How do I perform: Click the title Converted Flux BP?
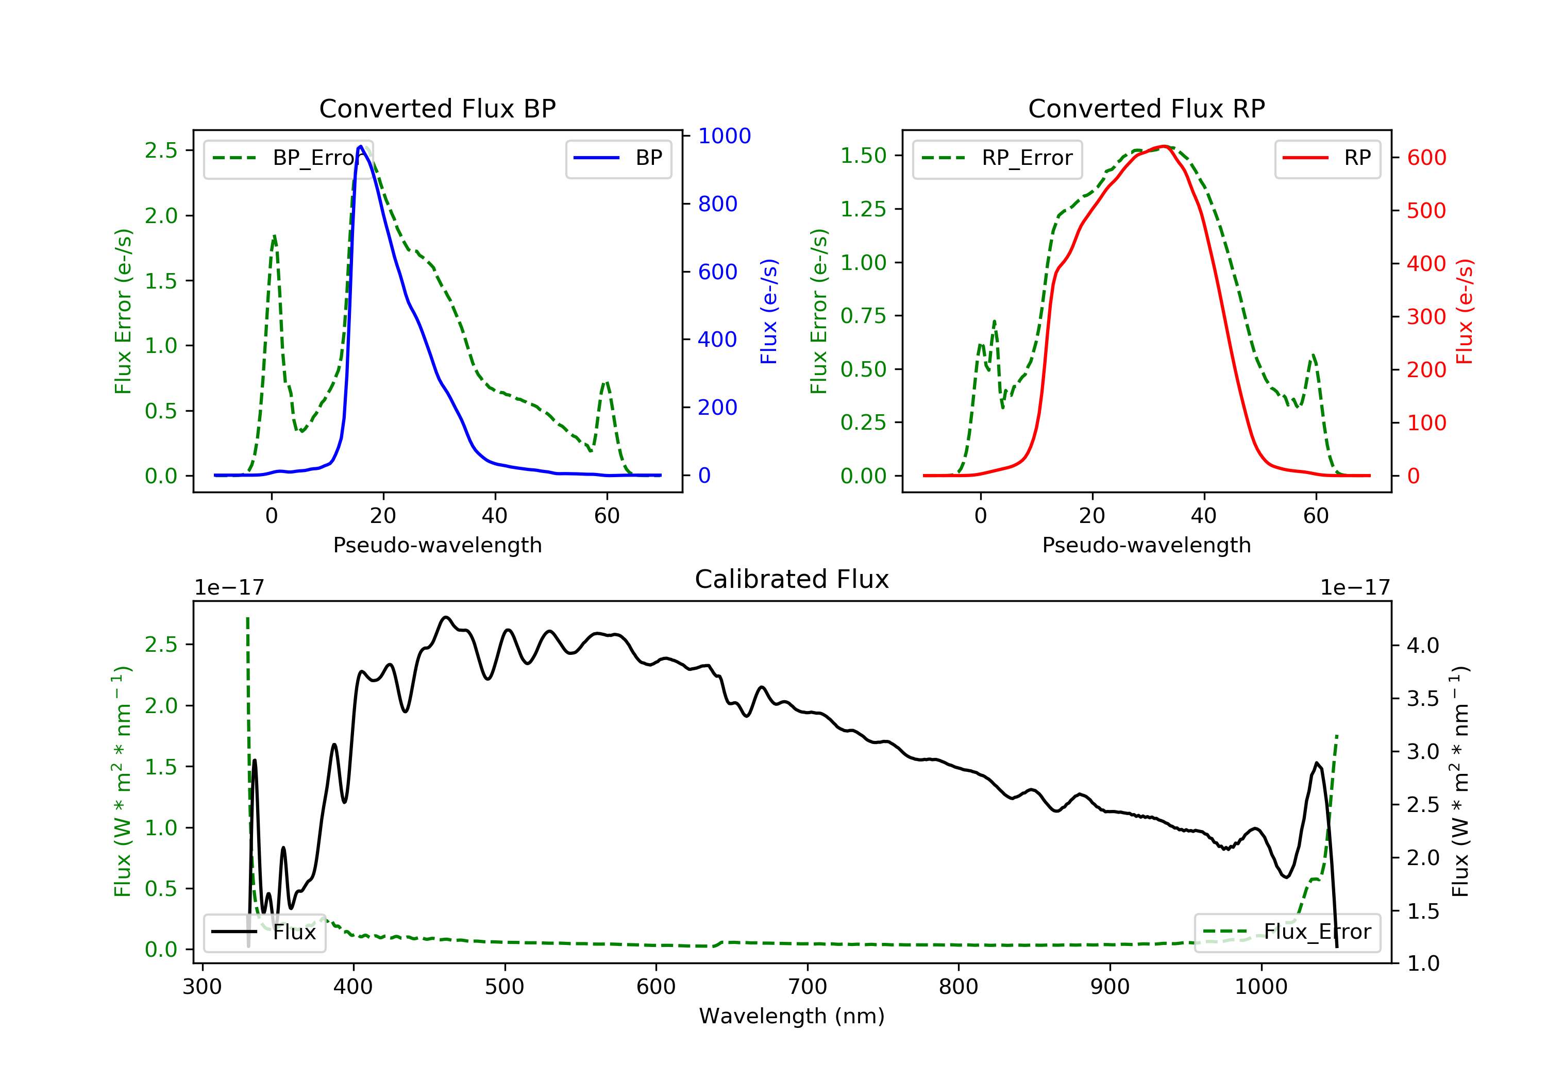coord(437,108)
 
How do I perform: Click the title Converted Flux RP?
coord(1146,108)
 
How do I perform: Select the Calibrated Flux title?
coord(792,579)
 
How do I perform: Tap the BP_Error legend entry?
coord(288,158)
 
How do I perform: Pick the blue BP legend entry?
coord(618,158)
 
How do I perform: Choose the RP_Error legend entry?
coord(997,158)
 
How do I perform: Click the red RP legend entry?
coord(1327,158)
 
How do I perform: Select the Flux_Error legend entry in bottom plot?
coord(1287,932)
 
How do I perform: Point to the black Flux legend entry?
coord(264,932)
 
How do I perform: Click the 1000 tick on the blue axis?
coord(724,136)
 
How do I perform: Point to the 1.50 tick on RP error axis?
coord(863,156)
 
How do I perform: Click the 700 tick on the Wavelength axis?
coord(808,987)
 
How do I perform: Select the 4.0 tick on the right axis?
coord(1423,646)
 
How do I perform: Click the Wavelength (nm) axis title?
coord(792,1016)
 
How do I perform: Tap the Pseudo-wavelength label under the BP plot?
coord(438,545)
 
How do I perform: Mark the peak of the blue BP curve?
coord(361,146)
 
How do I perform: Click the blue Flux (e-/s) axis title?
coord(769,311)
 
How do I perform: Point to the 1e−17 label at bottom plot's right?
coord(1355,588)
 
